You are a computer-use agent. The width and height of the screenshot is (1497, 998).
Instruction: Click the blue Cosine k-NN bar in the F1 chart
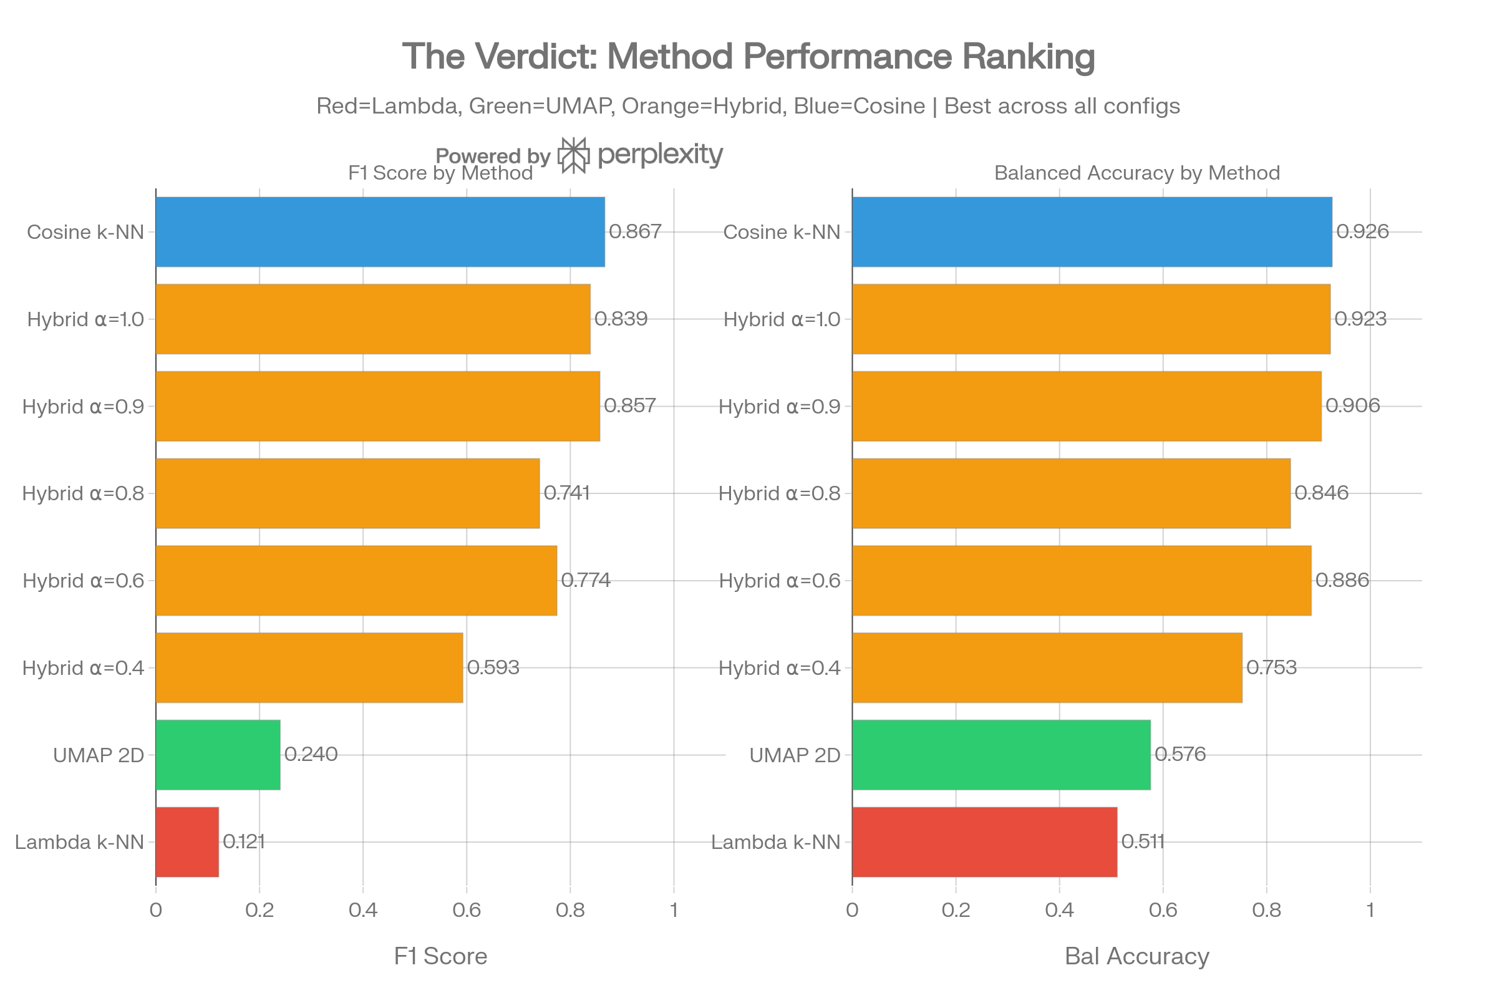coord(380,231)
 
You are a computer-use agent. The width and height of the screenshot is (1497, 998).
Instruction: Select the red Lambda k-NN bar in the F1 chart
coord(187,842)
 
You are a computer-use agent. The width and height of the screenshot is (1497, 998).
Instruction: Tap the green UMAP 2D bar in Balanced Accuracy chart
coord(1001,755)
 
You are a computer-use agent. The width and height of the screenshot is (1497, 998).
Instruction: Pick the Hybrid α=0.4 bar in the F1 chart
coord(309,667)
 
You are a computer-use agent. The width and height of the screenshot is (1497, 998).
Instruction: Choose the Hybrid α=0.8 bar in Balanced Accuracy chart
coord(1071,493)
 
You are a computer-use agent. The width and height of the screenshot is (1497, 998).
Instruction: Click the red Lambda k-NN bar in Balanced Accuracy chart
coord(985,842)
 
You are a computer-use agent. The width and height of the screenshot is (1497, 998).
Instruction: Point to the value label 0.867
coord(635,231)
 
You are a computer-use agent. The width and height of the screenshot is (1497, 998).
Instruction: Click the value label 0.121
coord(243,842)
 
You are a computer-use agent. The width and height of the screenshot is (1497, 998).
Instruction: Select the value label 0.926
coord(1362,231)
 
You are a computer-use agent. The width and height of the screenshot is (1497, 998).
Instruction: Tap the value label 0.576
coord(1180,755)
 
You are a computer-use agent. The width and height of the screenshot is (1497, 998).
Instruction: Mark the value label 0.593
coord(493,667)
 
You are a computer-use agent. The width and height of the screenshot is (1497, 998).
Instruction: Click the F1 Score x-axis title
coord(440,956)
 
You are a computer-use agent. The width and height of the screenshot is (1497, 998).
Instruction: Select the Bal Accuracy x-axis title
coord(1136,956)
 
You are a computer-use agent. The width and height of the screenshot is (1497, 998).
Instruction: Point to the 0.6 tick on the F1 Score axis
coord(467,910)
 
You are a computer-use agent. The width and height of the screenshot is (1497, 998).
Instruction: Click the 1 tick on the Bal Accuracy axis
coord(1370,910)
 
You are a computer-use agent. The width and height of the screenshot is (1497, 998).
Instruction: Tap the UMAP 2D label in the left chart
coord(99,755)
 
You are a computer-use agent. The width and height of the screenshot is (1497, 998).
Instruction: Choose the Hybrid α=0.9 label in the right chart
coord(780,406)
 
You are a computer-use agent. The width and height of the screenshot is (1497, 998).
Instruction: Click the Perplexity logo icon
coord(572,155)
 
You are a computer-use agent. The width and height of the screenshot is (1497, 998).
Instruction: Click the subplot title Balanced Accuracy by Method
coord(1136,173)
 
